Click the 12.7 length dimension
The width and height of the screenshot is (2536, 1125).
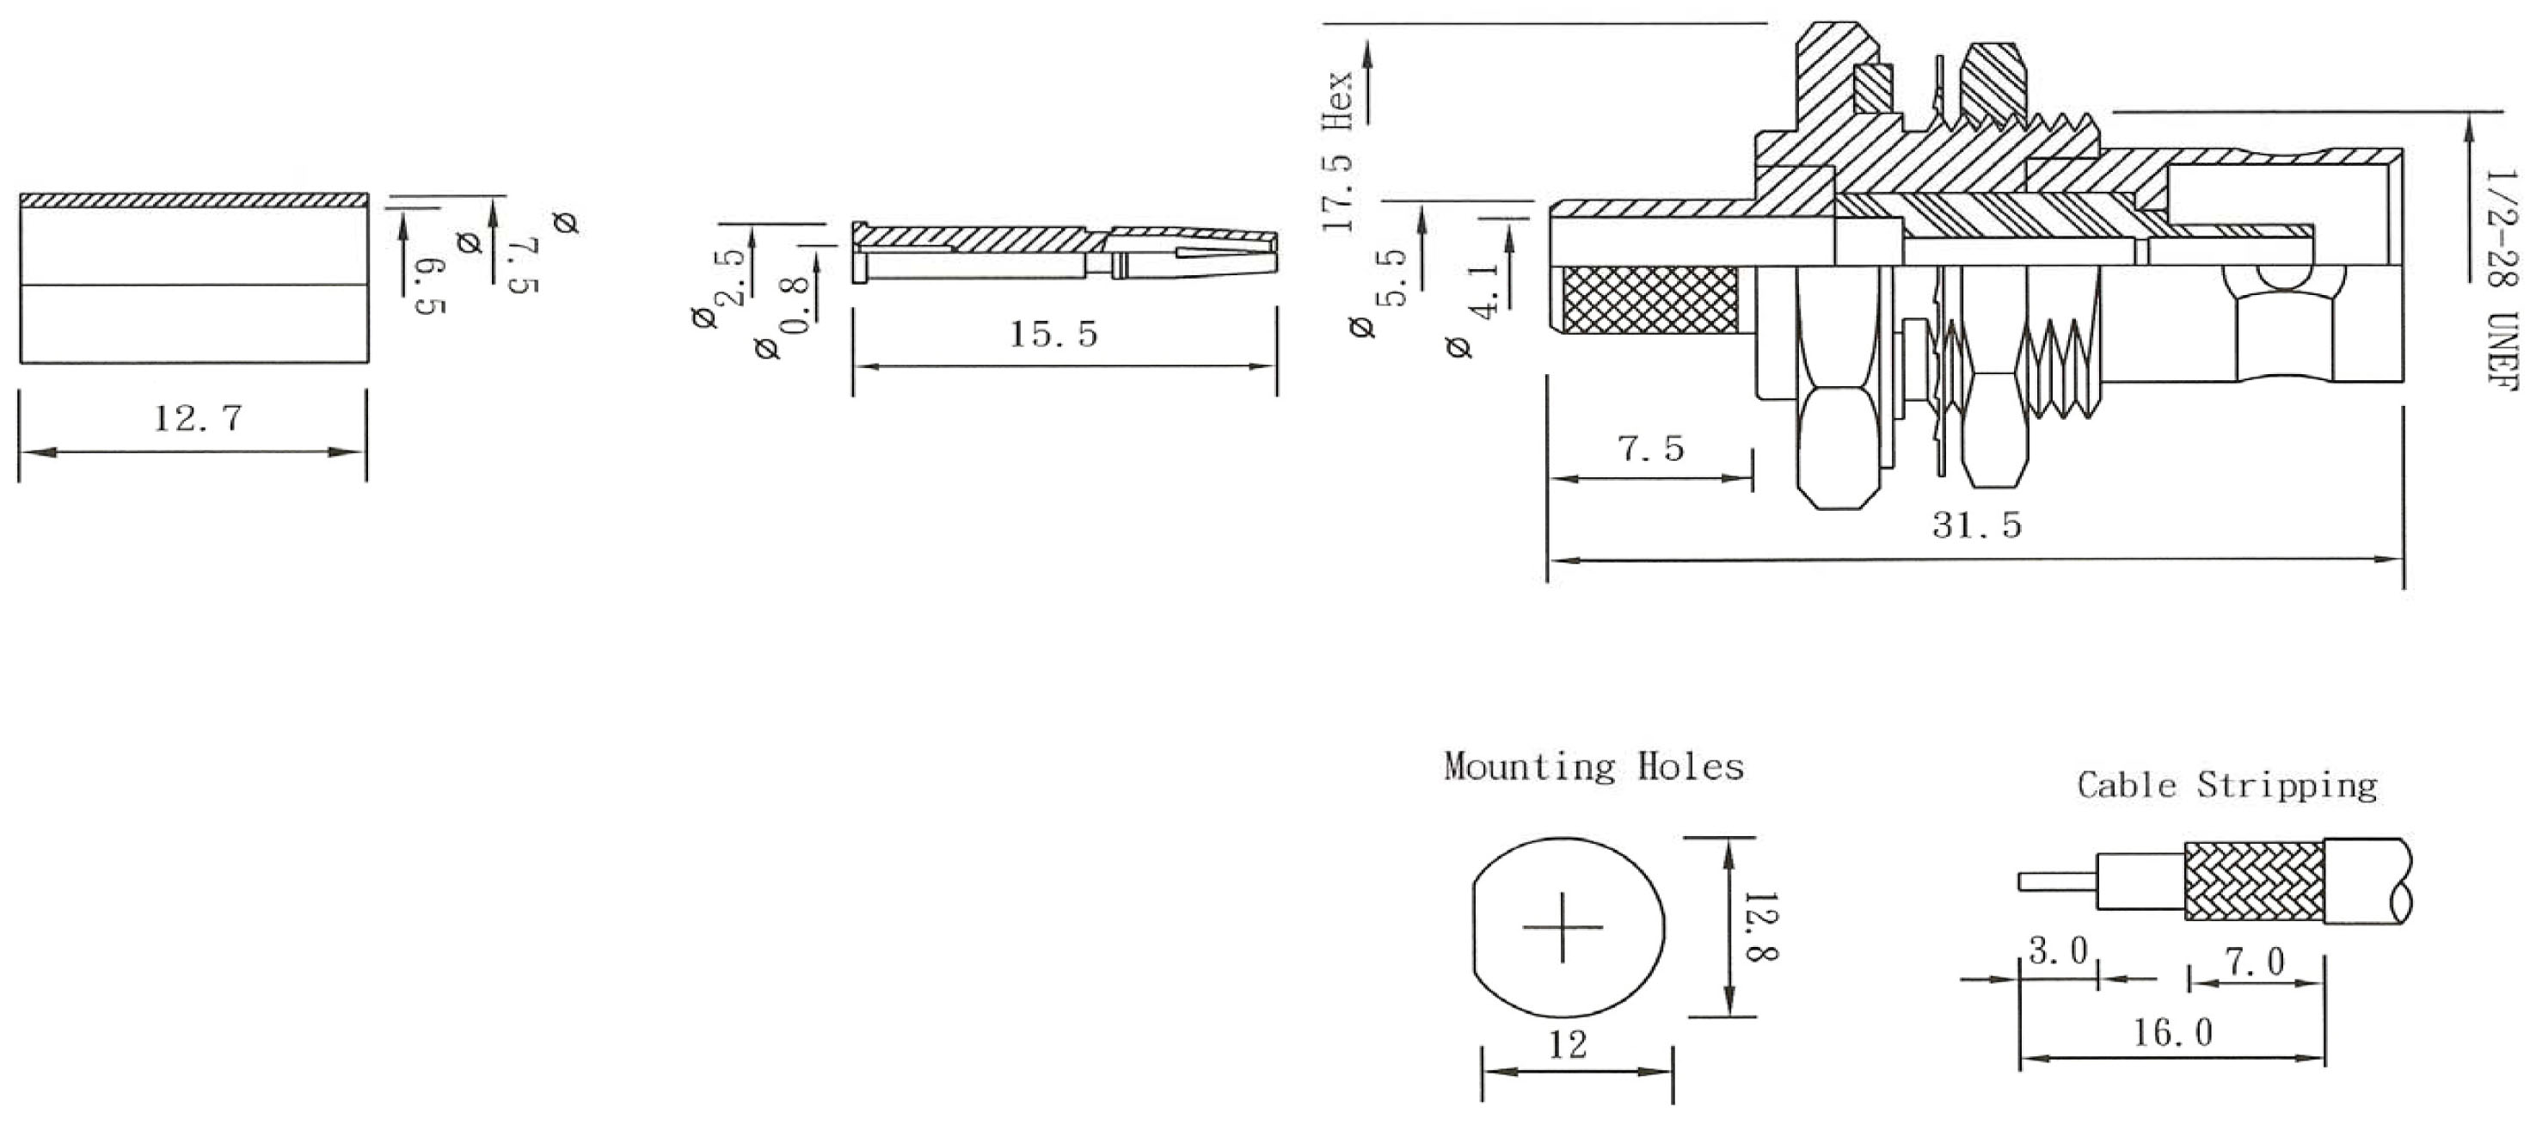198,419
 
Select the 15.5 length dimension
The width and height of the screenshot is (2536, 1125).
1053,335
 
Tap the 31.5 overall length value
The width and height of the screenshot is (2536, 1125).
1977,526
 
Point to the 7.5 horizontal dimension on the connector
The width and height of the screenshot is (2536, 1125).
1651,449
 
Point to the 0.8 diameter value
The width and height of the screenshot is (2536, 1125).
795,305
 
